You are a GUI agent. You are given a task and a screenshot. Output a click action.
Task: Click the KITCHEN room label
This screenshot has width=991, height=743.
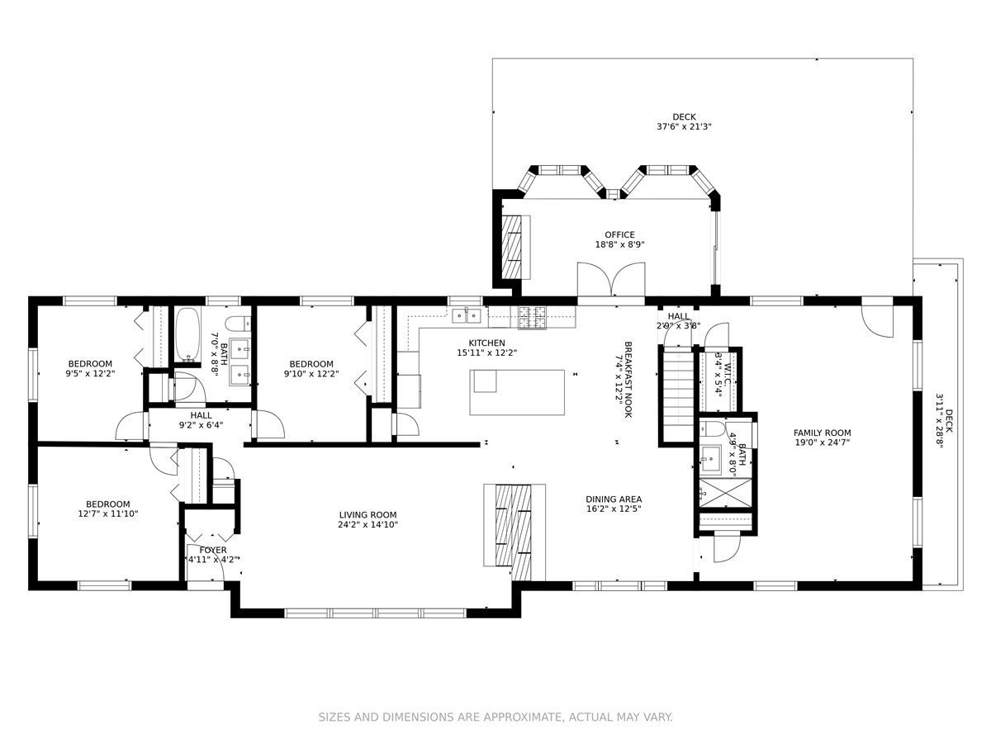click(x=486, y=343)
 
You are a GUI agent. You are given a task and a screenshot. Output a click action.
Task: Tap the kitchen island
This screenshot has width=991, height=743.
click(x=517, y=392)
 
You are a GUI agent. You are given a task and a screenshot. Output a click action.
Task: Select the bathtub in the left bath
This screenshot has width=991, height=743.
click(x=187, y=334)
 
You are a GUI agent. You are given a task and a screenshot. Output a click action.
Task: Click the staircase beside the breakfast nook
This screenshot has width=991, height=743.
click(x=678, y=388)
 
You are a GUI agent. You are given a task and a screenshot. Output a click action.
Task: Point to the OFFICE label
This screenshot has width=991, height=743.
click(x=620, y=234)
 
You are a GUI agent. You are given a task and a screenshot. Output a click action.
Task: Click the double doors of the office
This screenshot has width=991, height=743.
click(x=611, y=279)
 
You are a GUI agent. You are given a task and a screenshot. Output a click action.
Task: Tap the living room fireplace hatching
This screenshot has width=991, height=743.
click(x=514, y=532)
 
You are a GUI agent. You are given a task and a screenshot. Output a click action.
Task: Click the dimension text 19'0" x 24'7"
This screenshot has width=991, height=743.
click(x=823, y=442)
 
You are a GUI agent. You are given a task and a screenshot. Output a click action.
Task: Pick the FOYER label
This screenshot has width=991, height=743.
click(x=213, y=550)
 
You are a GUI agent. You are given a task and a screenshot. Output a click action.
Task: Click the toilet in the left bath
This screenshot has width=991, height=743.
click(x=238, y=323)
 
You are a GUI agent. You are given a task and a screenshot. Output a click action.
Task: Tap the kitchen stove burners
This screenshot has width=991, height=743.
click(x=532, y=317)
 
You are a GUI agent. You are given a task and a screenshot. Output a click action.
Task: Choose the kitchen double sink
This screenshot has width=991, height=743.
click(x=467, y=316)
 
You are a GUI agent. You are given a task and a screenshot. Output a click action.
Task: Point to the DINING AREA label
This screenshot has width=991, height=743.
click(x=614, y=499)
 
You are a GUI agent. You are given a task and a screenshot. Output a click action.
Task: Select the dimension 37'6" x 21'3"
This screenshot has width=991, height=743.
click(x=684, y=127)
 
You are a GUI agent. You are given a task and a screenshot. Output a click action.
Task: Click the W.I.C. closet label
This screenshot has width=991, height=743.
click(x=728, y=374)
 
